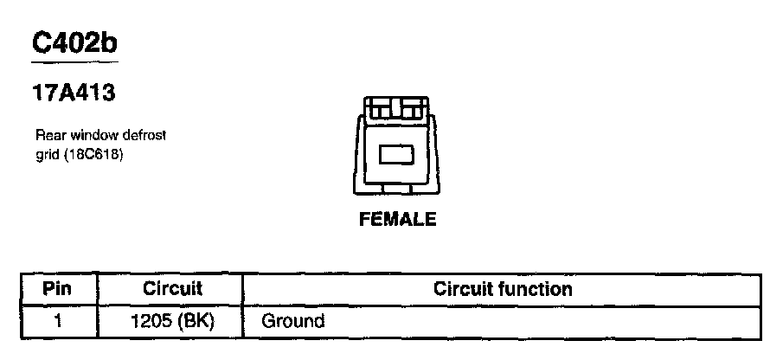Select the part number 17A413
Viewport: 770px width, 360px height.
[x=74, y=93]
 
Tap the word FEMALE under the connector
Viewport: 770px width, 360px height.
[x=397, y=220]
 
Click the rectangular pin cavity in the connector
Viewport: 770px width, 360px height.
[x=397, y=154]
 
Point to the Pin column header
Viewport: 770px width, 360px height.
[x=57, y=288]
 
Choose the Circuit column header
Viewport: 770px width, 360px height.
[x=172, y=288]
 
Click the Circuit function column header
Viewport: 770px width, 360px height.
[x=502, y=288]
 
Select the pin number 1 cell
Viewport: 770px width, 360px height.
[x=57, y=321]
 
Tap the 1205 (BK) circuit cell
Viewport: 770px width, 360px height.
[x=172, y=321]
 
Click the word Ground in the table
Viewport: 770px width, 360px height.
[x=293, y=321]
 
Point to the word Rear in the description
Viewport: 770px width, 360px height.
[x=49, y=135]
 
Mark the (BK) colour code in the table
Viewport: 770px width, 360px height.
[x=195, y=321]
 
